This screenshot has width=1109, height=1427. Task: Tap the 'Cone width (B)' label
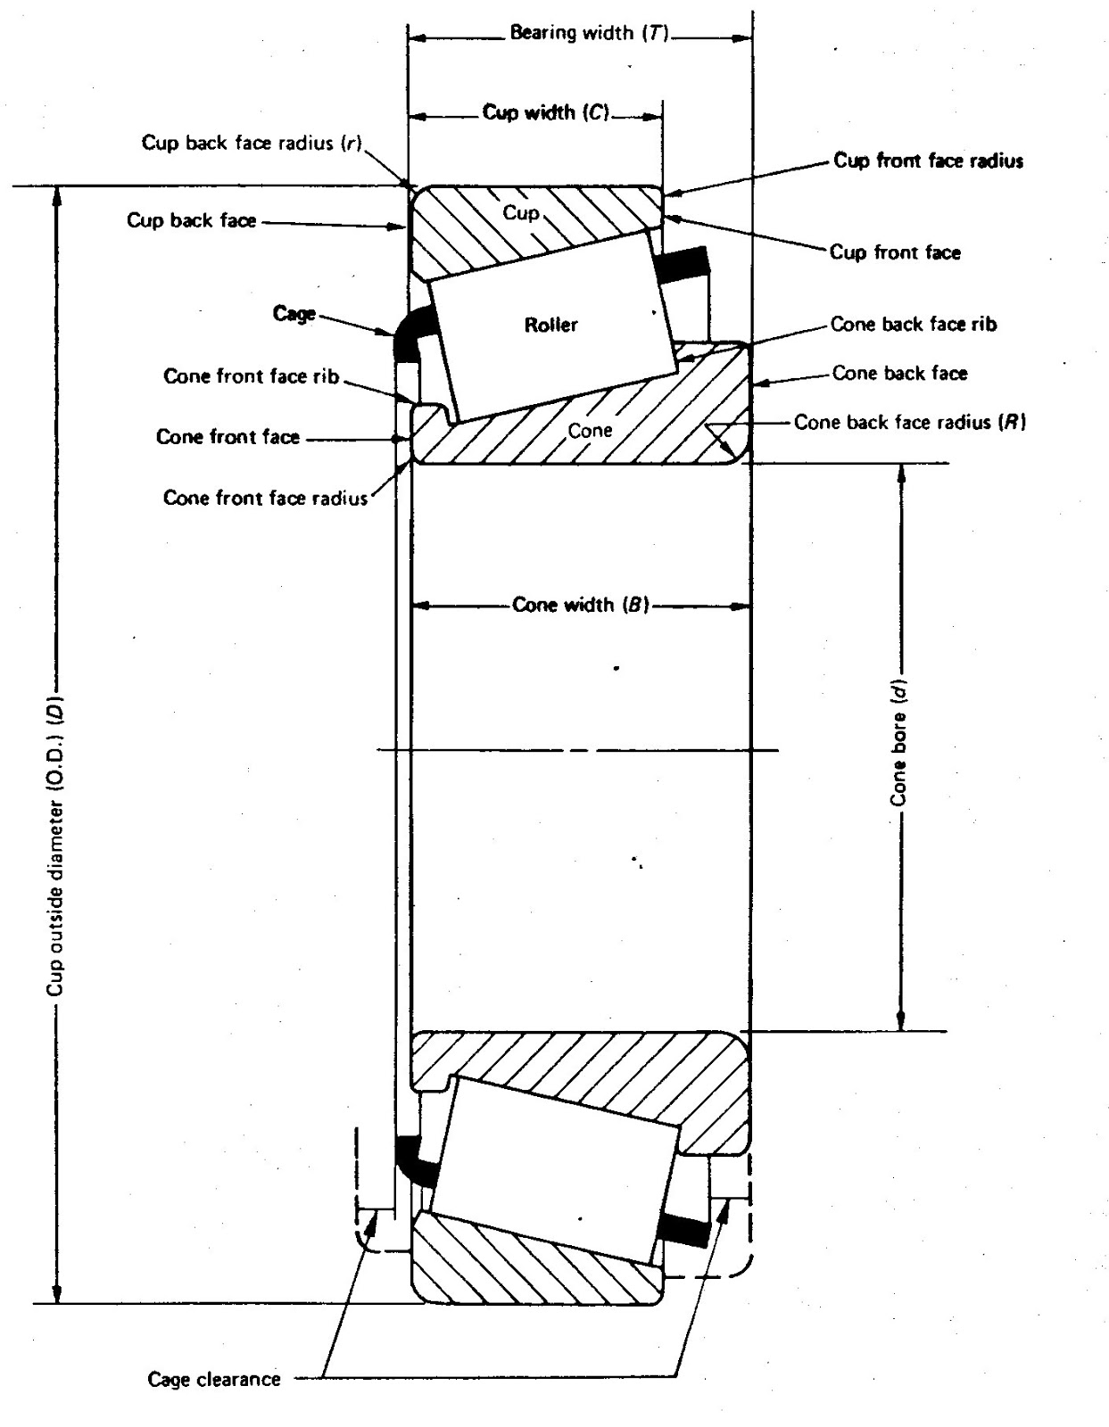click(x=580, y=605)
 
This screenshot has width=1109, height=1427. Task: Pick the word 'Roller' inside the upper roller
click(x=550, y=325)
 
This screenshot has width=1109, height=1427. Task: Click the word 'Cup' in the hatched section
click(x=521, y=212)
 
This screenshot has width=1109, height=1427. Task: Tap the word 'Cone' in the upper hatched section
click(x=591, y=431)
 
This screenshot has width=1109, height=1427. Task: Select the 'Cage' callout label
click(x=294, y=314)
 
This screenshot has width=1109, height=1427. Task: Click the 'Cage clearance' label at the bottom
click(x=214, y=1379)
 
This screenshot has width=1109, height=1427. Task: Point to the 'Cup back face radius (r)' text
click(x=251, y=143)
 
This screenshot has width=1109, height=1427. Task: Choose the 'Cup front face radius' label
click(x=928, y=161)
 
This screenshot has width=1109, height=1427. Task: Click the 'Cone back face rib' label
click(x=913, y=325)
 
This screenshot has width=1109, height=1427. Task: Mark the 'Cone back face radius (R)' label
click(x=910, y=422)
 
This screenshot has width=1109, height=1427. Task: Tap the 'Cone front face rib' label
click(x=252, y=376)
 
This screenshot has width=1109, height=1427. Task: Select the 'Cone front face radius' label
click(x=265, y=498)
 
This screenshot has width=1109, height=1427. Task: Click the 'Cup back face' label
click(x=192, y=220)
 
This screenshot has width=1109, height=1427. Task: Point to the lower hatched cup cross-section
click(x=535, y=1266)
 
